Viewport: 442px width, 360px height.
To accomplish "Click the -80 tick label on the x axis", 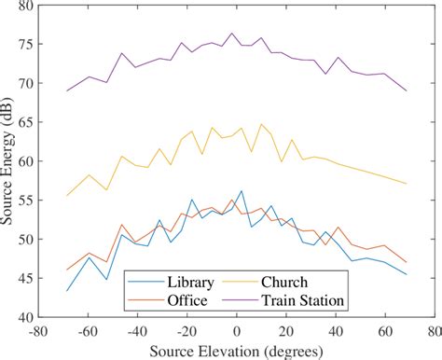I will (x=38, y=331).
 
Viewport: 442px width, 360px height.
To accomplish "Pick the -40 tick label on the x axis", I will (x=137, y=331).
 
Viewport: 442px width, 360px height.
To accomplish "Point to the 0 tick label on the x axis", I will (x=237, y=331).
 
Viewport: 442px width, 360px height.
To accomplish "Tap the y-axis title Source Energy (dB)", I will (x=8, y=161).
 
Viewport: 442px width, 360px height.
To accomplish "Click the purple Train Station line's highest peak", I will (x=232, y=34).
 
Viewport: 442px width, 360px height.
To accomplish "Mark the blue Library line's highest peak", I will (x=242, y=191).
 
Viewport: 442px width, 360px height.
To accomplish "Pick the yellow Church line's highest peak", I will (x=261, y=124).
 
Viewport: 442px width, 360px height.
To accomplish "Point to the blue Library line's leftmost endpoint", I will (x=68, y=290).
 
